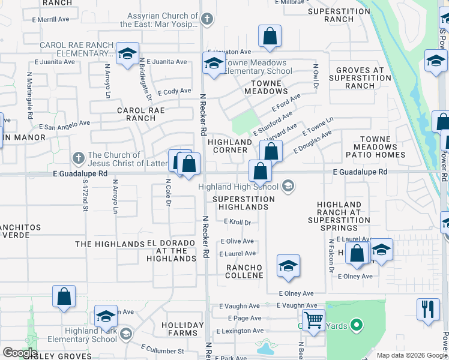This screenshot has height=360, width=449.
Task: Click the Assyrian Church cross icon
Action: [x=206, y=19]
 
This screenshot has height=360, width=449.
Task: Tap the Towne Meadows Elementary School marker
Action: [x=213, y=64]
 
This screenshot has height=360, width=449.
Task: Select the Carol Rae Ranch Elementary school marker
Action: [x=127, y=54]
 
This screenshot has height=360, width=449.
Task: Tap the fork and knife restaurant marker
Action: [x=428, y=310]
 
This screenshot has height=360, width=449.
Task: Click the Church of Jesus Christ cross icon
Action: [x=77, y=159]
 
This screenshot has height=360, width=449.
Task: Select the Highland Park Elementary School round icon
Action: [x=125, y=334]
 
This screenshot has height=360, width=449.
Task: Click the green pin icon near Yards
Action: [x=357, y=326]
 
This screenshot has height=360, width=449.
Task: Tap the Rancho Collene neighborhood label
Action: [x=244, y=271]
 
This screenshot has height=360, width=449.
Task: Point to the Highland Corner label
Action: [x=230, y=146]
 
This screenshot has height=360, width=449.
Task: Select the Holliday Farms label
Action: [x=179, y=329]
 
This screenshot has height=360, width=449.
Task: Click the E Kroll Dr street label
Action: [x=237, y=222]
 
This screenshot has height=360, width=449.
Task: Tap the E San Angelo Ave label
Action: [x=64, y=127]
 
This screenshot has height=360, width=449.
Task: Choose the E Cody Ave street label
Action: [x=174, y=92]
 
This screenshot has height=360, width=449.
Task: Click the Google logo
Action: [x=20, y=353]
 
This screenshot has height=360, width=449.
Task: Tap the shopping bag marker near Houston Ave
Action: [x=270, y=37]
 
